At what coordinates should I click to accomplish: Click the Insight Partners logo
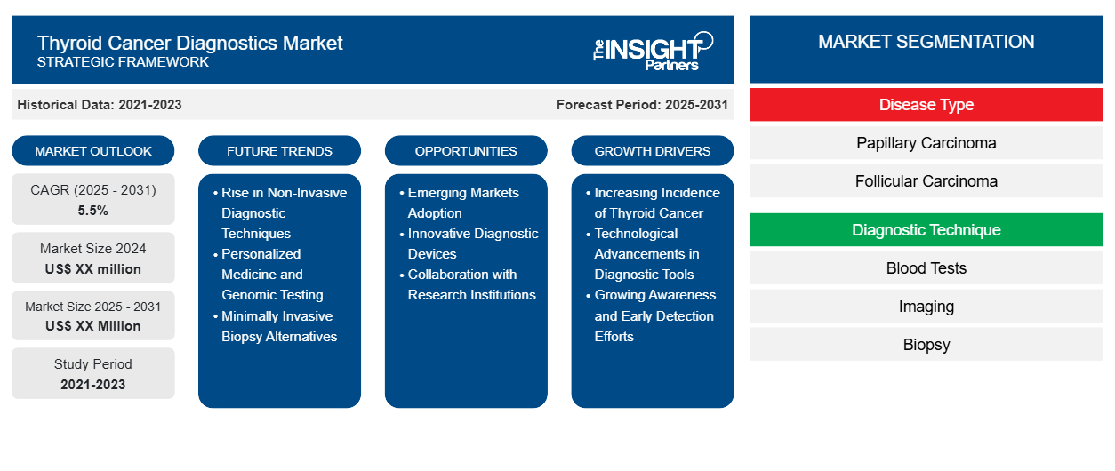click(x=653, y=50)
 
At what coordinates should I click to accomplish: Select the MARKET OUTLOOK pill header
click(x=93, y=151)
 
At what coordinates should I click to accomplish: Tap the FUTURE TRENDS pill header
click(x=279, y=151)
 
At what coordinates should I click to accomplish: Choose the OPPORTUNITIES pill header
click(x=466, y=151)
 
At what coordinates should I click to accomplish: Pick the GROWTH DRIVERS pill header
click(x=653, y=151)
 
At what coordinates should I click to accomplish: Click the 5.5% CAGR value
click(x=93, y=211)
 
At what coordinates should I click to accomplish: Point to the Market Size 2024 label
click(x=93, y=249)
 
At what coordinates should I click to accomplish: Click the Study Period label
click(x=93, y=364)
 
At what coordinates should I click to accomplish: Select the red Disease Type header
click(x=926, y=105)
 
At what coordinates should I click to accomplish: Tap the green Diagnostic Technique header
click(x=926, y=230)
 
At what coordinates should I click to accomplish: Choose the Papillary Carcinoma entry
click(x=926, y=143)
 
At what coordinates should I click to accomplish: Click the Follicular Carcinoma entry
click(x=926, y=181)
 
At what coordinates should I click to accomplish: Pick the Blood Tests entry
click(x=926, y=268)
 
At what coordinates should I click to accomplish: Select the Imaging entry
click(x=926, y=307)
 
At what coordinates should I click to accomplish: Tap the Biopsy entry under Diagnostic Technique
click(x=926, y=345)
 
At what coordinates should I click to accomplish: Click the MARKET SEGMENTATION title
click(x=926, y=42)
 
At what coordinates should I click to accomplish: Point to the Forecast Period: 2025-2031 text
click(x=642, y=105)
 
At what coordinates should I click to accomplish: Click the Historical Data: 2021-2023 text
click(x=100, y=105)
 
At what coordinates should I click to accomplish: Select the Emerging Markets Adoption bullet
click(x=464, y=203)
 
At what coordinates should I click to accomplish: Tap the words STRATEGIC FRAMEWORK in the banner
click(x=124, y=62)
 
